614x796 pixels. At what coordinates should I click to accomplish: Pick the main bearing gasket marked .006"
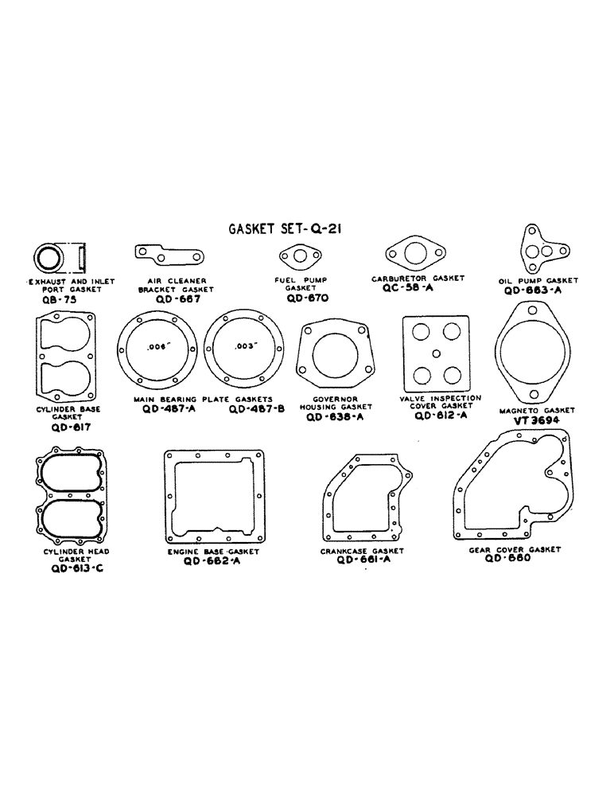157,348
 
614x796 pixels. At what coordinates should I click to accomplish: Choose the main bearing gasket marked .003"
243,348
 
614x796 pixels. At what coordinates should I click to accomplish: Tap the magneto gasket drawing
533,353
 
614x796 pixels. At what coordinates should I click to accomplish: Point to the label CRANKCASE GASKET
363,550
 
